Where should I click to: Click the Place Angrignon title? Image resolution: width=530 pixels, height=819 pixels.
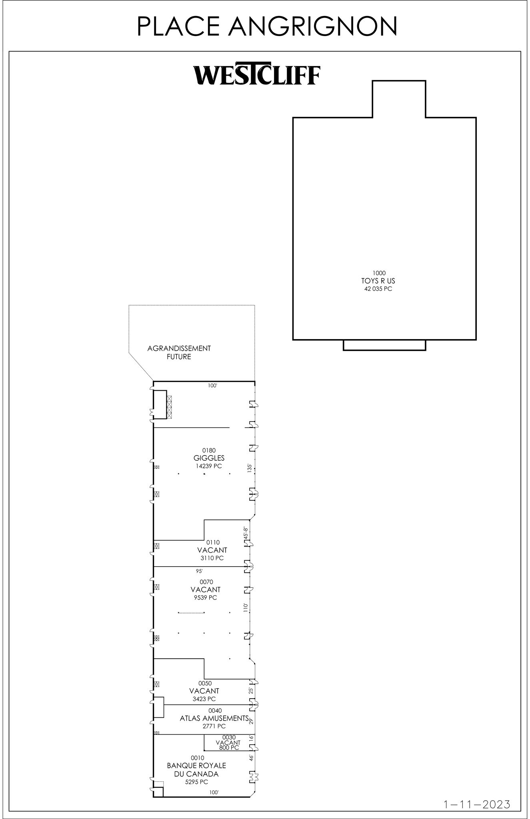(267, 26)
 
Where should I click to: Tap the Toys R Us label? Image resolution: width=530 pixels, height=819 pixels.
(378, 281)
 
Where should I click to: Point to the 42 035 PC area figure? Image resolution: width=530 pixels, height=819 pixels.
(378, 289)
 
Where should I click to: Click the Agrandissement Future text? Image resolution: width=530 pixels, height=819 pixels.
(179, 352)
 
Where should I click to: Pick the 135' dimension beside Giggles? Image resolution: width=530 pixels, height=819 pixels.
(250, 468)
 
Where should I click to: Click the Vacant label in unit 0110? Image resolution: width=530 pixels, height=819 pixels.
(212, 550)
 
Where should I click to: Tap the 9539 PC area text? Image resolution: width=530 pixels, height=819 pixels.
(205, 598)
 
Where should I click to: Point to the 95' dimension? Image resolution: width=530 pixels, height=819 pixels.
(199, 571)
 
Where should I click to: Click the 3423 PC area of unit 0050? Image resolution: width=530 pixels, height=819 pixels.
(204, 699)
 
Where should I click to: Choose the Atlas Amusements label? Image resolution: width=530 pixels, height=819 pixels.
(214, 718)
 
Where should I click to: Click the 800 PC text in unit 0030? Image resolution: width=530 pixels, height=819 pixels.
(229, 747)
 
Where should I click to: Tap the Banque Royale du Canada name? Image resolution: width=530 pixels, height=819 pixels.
(196, 769)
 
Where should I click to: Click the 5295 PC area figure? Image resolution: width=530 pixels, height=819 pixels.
(196, 782)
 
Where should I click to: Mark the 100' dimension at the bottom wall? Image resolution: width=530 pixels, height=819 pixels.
(214, 792)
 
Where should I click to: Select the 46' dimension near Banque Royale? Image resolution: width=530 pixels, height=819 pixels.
(251, 758)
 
